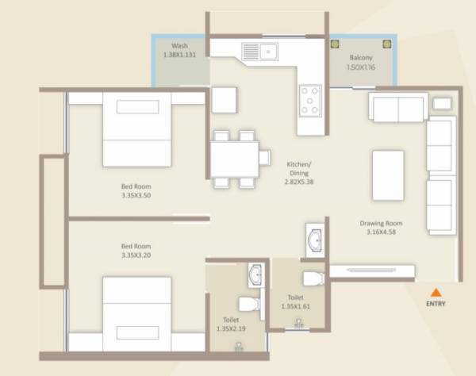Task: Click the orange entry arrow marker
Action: (436, 292)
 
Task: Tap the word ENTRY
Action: (436, 304)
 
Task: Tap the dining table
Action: (234, 157)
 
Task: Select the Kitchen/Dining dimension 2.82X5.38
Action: (299, 181)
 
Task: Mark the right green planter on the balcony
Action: (386, 45)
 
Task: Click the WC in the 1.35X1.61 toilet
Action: (315, 278)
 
